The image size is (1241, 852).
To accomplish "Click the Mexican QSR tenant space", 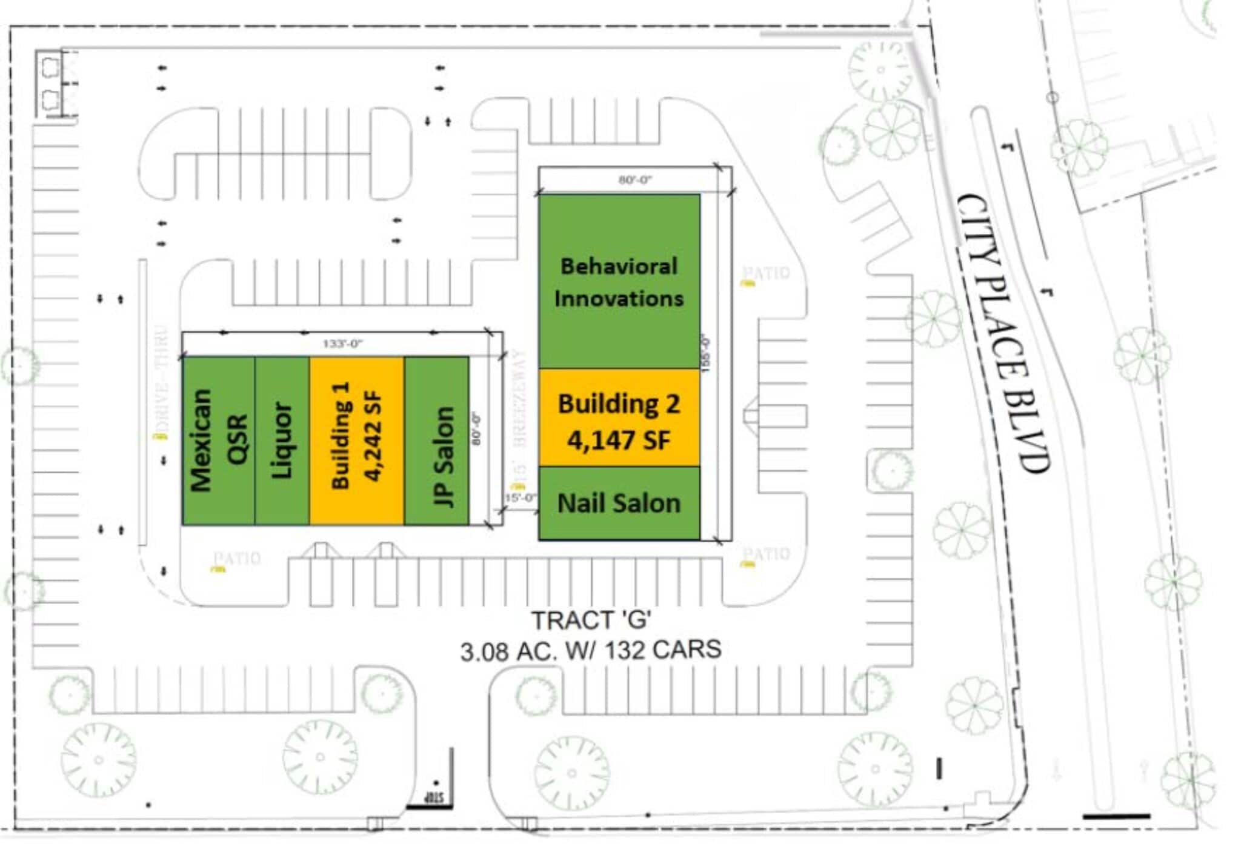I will [218, 441].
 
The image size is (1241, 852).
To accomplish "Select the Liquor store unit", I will [282, 441].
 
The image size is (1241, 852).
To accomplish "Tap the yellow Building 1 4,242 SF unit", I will [356, 441].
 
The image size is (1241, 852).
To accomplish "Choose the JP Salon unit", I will [436, 441].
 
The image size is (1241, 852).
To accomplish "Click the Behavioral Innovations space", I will [619, 281].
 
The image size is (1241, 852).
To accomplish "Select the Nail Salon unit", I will [619, 503].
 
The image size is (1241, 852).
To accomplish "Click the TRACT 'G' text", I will [591, 620].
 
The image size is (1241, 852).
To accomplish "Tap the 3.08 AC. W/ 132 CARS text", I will [591, 651].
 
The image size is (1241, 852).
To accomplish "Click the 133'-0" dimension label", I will [342, 344].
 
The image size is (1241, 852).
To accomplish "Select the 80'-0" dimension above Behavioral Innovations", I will [634, 179].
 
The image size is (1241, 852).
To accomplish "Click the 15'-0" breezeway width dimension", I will [520, 498].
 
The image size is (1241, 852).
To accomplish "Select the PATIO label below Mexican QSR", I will [237, 557].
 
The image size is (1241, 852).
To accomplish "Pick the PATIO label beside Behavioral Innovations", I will [767, 273].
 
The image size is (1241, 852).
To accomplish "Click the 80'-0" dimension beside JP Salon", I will [477, 429].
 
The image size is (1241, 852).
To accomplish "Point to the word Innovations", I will [619, 298].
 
